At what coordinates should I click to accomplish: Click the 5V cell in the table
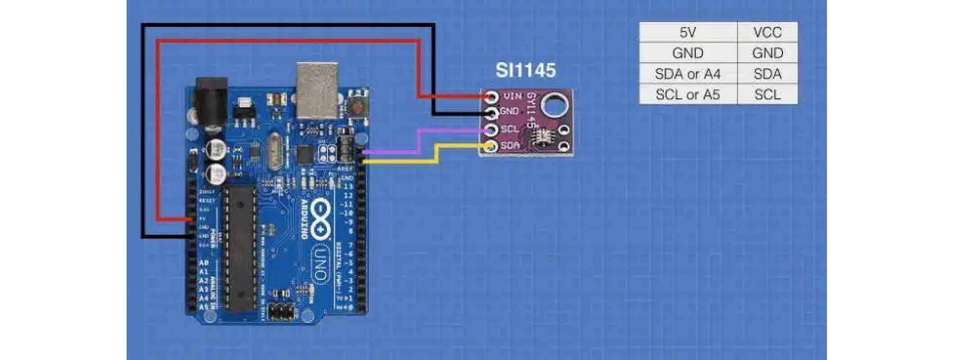click(x=688, y=32)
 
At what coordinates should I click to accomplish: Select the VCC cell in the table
click(x=767, y=32)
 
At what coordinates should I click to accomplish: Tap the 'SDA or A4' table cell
click(x=688, y=74)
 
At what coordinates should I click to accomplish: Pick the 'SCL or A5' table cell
click(x=688, y=94)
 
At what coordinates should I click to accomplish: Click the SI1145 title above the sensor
click(x=526, y=70)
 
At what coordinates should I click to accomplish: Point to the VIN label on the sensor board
click(x=513, y=96)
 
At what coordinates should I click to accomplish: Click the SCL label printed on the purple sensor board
click(x=510, y=129)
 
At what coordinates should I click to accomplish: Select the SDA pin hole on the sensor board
click(x=491, y=146)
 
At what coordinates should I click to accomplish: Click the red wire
click(x=288, y=41)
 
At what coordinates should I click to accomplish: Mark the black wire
click(x=288, y=25)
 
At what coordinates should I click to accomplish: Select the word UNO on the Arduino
click(x=320, y=265)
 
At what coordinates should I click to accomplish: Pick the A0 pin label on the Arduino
click(x=204, y=263)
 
